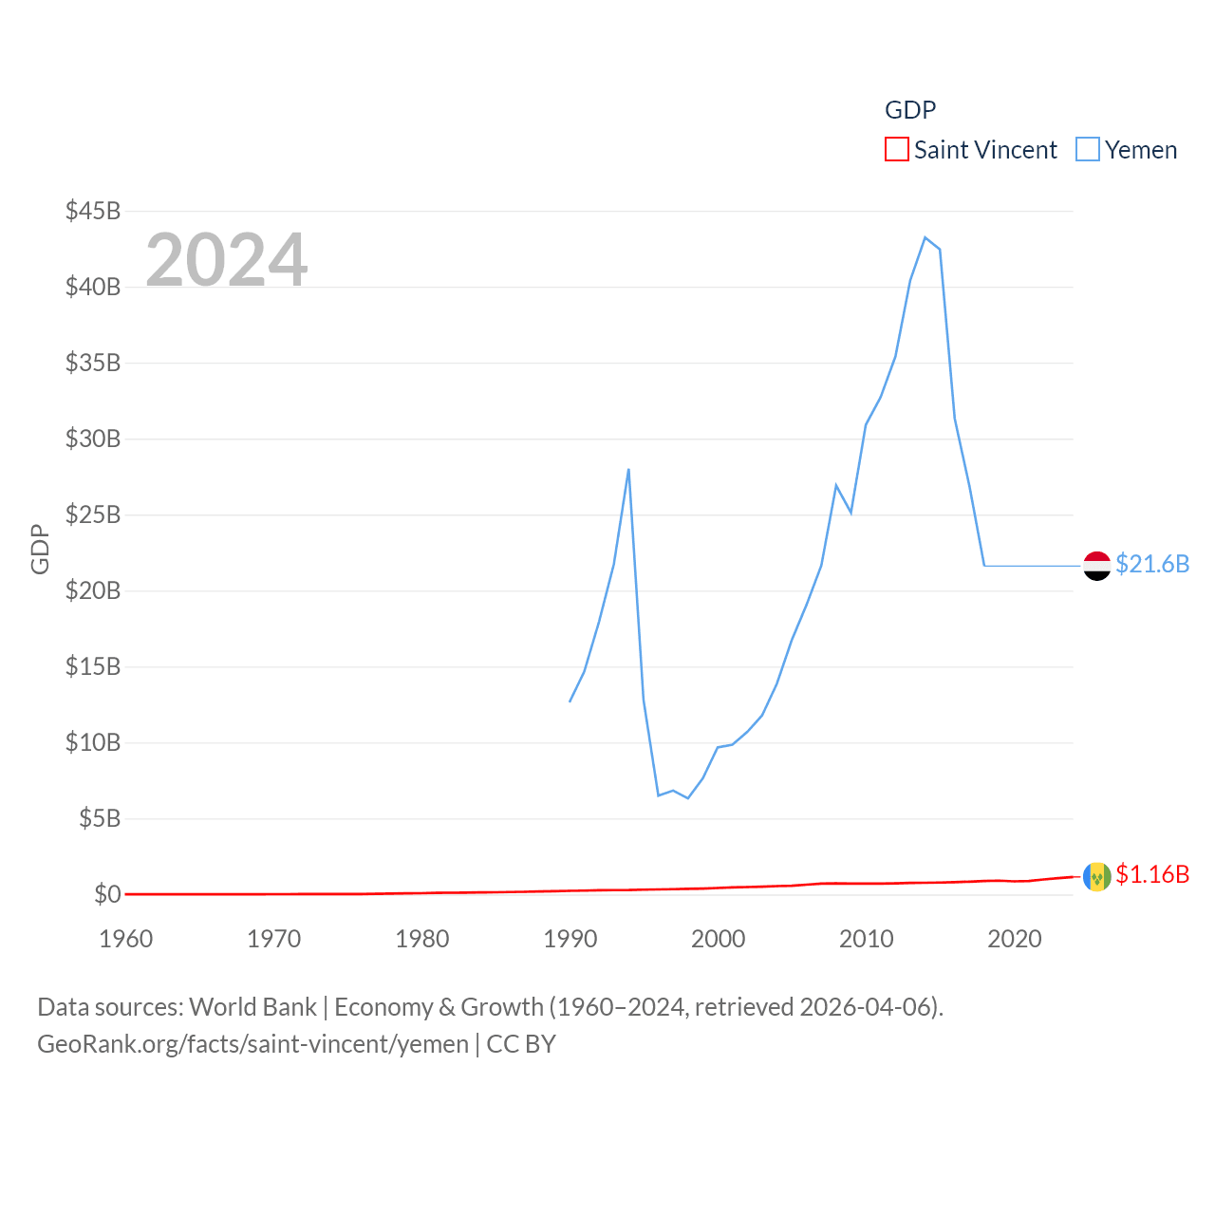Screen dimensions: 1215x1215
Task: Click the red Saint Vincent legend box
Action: [897, 150]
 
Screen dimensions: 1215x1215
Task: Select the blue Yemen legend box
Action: [1088, 150]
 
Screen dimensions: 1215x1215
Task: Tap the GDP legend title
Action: [910, 110]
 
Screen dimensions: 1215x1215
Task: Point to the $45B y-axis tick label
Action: [93, 211]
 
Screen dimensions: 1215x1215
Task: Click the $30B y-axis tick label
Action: [93, 439]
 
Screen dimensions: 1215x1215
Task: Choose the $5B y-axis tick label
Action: [100, 818]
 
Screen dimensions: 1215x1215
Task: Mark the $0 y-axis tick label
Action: [107, 894]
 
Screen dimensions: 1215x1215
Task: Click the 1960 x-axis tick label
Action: [126, 939]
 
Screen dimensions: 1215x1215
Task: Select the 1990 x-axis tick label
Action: [570, 939]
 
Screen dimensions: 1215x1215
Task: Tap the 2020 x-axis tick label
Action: [1015, 939]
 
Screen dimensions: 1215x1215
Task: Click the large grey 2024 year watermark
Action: [227, 259]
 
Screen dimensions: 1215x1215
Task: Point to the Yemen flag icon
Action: [1097, 566]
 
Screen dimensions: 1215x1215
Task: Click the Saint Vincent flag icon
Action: [1097, 876]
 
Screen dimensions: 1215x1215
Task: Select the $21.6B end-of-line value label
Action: [1152, 564]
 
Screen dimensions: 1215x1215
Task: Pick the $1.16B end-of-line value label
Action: [1152, 874]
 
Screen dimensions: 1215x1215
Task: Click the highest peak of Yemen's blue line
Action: [925, 237]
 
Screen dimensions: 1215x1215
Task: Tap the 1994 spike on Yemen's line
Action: [628, 469]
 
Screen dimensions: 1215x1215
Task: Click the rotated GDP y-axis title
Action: [40, 549]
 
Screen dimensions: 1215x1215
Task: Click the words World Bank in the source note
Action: [252, 1006]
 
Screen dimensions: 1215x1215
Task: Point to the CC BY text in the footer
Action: [521, 1044]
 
